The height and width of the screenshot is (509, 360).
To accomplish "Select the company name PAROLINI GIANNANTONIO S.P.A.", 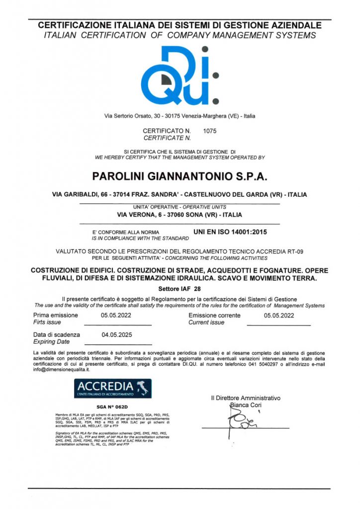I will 180,176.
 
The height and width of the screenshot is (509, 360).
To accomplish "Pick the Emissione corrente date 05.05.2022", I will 275,315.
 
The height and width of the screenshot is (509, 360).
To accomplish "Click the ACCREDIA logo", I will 113,388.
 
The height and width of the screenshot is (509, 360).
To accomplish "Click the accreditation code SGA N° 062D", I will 112,406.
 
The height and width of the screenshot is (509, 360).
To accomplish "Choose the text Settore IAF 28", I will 180,288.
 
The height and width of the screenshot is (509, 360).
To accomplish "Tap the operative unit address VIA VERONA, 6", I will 148,215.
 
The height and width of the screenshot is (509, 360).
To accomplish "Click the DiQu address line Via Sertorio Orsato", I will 180,116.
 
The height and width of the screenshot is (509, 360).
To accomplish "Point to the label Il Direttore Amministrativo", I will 246,398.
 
